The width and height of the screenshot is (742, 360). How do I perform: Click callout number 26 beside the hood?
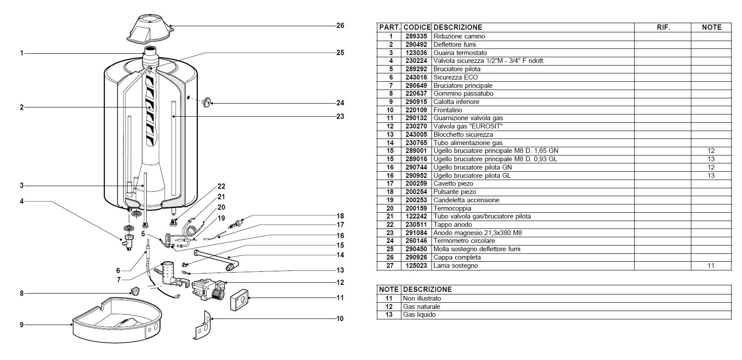340,25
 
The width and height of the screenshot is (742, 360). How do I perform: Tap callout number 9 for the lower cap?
21,325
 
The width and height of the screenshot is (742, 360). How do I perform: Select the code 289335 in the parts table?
416,36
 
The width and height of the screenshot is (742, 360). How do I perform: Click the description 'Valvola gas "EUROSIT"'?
468,126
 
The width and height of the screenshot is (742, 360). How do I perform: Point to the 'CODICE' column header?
417,27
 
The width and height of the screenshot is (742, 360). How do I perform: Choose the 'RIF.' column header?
663,27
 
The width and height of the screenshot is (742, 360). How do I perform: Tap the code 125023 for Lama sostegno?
416,266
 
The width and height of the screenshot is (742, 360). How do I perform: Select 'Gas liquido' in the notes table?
419,315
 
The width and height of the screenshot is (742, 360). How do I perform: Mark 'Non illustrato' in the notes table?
422,298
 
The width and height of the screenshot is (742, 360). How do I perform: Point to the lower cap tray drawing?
116,319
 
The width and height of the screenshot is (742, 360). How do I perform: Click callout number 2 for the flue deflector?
21,107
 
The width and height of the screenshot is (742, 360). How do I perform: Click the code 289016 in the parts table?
416,159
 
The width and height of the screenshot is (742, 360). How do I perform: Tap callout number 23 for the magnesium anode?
340,116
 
